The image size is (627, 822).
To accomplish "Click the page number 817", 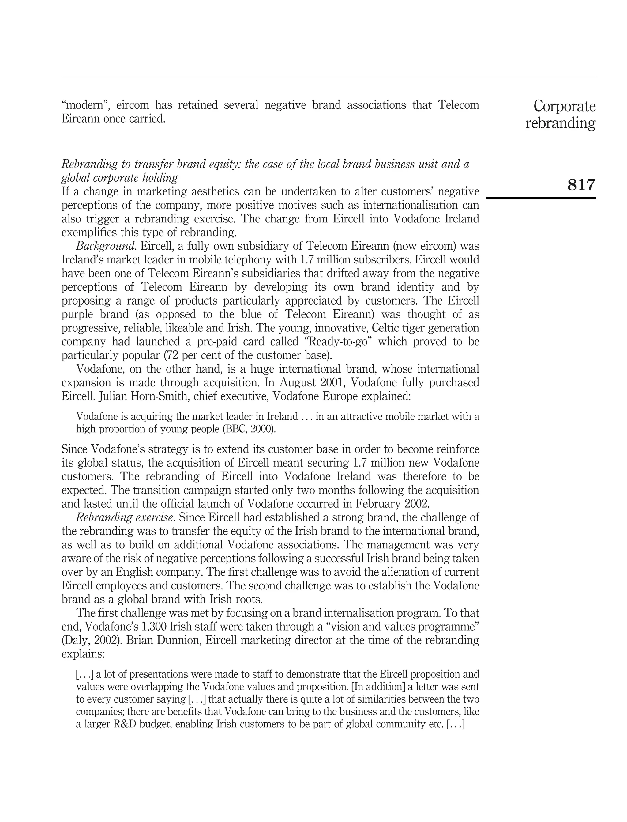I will (581, 184).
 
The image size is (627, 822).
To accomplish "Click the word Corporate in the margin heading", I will (564, 106).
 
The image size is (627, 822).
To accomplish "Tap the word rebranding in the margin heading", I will (560, 123).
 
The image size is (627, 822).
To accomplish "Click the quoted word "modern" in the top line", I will (85, 105).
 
